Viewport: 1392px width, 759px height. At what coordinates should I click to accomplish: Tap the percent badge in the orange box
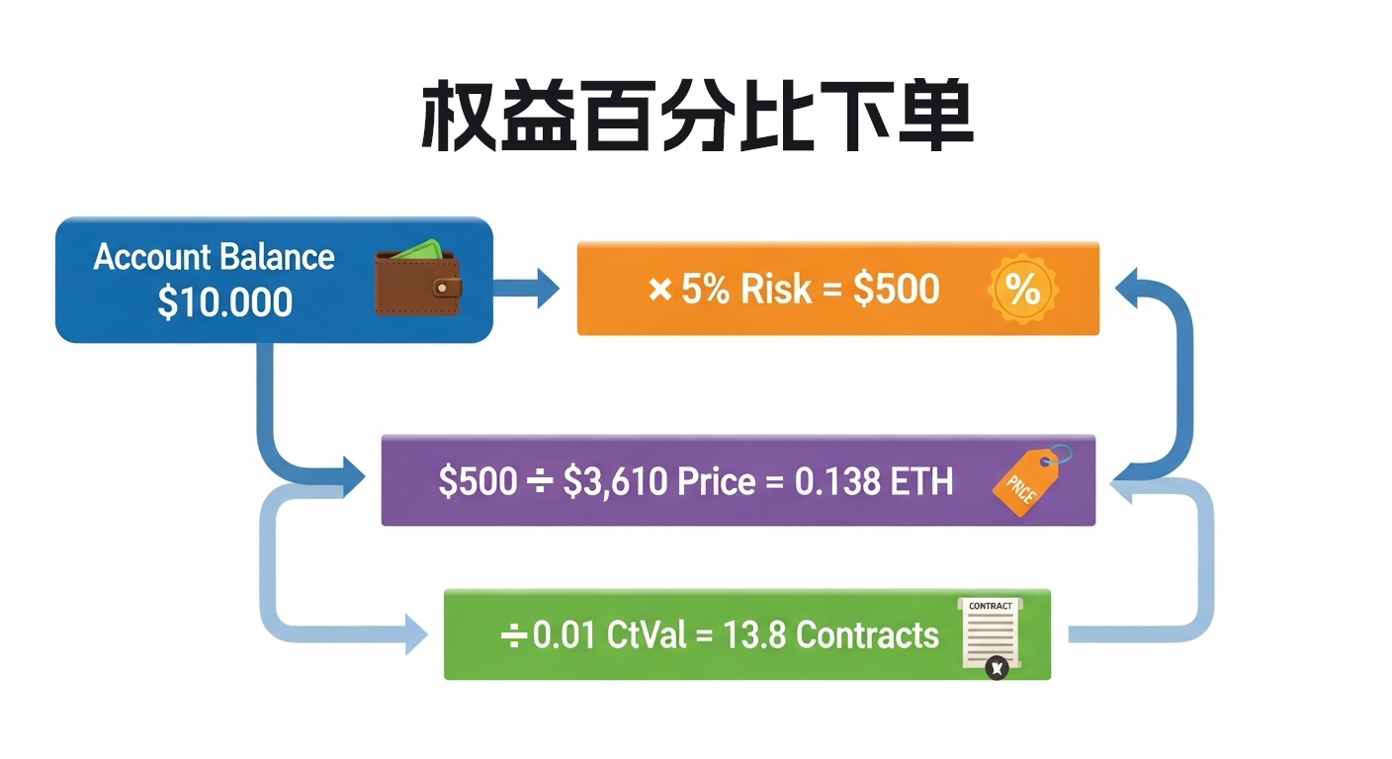1022,289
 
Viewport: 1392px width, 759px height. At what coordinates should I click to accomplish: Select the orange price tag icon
1029,481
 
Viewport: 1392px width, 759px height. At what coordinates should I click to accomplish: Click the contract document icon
990,635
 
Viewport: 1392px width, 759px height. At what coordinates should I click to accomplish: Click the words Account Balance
214,257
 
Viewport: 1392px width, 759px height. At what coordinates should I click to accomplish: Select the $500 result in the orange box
896,289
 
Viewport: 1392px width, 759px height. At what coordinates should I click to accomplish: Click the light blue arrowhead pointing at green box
415,633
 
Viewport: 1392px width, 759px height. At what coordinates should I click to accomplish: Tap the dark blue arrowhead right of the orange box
1128,288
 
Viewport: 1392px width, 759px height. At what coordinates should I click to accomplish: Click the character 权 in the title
457,118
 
